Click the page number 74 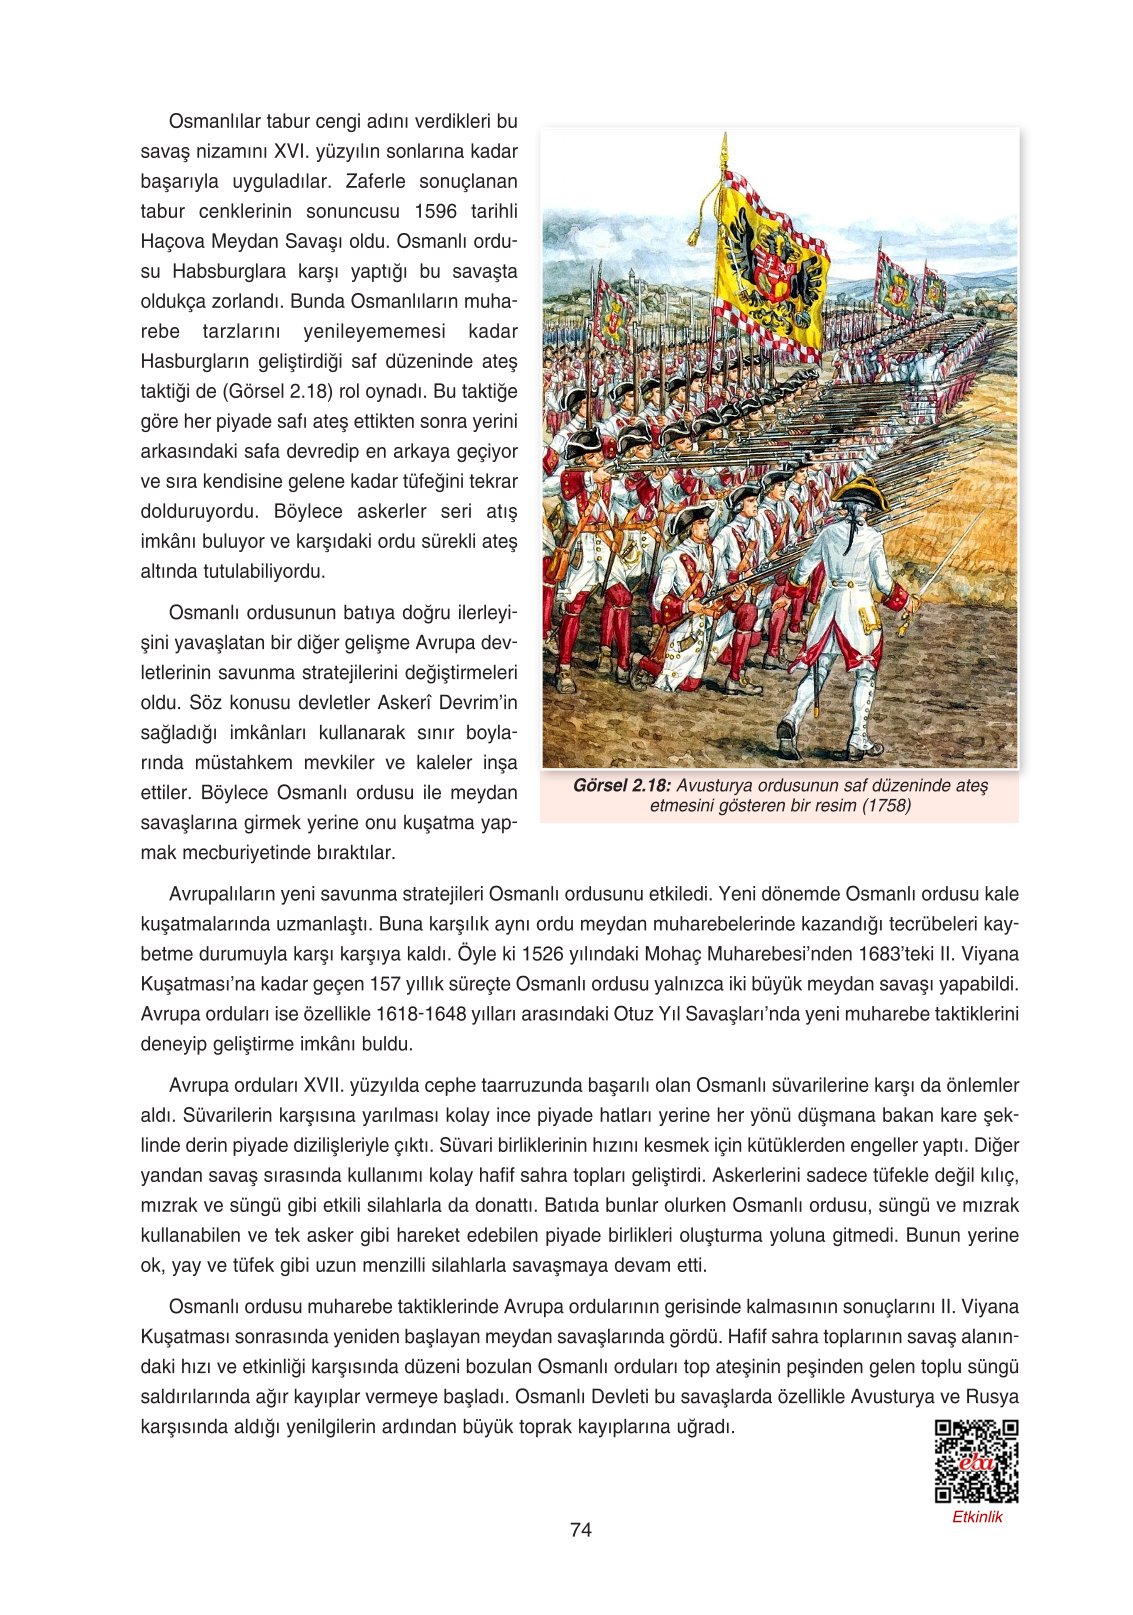tap(580, 1529)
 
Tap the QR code tap(976, 1461)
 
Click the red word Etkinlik tap(976, 1517)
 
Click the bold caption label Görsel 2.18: tap(621, 786)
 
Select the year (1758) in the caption tap(886, 806)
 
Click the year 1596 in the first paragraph tap(435, 212)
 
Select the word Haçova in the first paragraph tap(173, 242)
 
